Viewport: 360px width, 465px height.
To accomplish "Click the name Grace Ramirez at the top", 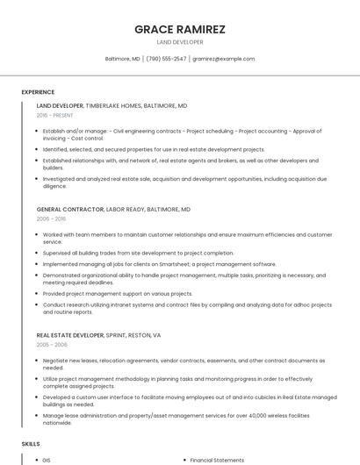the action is tap(180, 29).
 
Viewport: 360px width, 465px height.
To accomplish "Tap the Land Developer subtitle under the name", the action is tap(180, 42).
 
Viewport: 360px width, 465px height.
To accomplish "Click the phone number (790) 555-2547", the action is tap(166, 59).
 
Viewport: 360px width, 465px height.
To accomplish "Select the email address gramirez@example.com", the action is tap(224, 59).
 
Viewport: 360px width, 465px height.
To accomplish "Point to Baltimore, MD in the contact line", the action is tap(123, 59).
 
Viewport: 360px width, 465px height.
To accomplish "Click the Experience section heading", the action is tap(38, 92).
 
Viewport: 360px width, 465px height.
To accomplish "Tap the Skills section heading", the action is tap(31, 444).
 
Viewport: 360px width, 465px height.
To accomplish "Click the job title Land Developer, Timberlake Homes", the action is tap(112, 105).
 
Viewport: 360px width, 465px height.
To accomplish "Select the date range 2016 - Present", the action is tap(55, 115).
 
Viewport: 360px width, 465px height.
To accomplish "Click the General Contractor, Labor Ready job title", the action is tap(114, 211).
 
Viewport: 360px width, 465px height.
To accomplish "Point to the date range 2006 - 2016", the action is tap(51, 220).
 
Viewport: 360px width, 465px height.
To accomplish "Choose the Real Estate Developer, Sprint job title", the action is tap(98, 336).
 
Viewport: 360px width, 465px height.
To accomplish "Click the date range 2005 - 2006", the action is tap(51, 346).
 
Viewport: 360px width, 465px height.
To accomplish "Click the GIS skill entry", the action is tap(47, 460).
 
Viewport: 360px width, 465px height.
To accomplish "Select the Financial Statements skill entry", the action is tap(216, 460).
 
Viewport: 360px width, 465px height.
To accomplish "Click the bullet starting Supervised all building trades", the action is tap(139, 254).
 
